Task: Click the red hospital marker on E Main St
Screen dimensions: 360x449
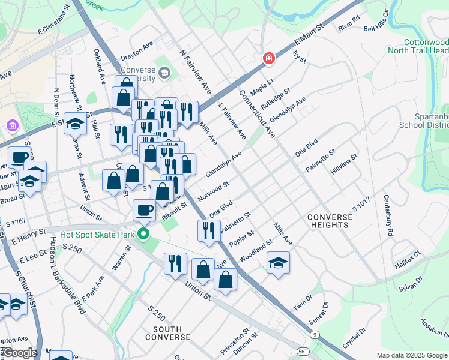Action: [x=269, y=59]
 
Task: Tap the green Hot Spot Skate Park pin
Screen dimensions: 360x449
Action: [x=143, y=233]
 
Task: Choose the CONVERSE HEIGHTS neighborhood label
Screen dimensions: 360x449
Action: [x=327, y=221]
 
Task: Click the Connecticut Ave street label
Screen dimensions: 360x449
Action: [x=256, y=113]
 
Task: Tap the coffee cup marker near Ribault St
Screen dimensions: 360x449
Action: [x=144, y=210]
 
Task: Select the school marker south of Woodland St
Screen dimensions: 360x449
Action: [x=277, y=262]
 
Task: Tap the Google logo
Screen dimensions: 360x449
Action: [x=19, y=353]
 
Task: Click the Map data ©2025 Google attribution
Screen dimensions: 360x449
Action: [x=412, y=355]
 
